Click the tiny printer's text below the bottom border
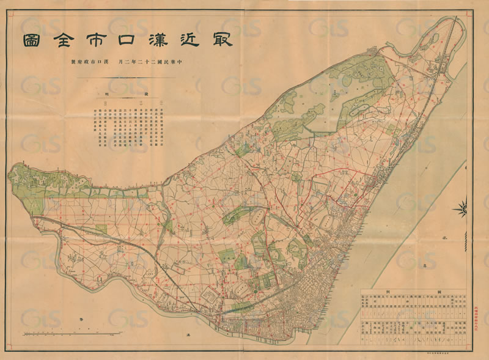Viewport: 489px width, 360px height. pyautogui.click(x=438, y=353)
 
